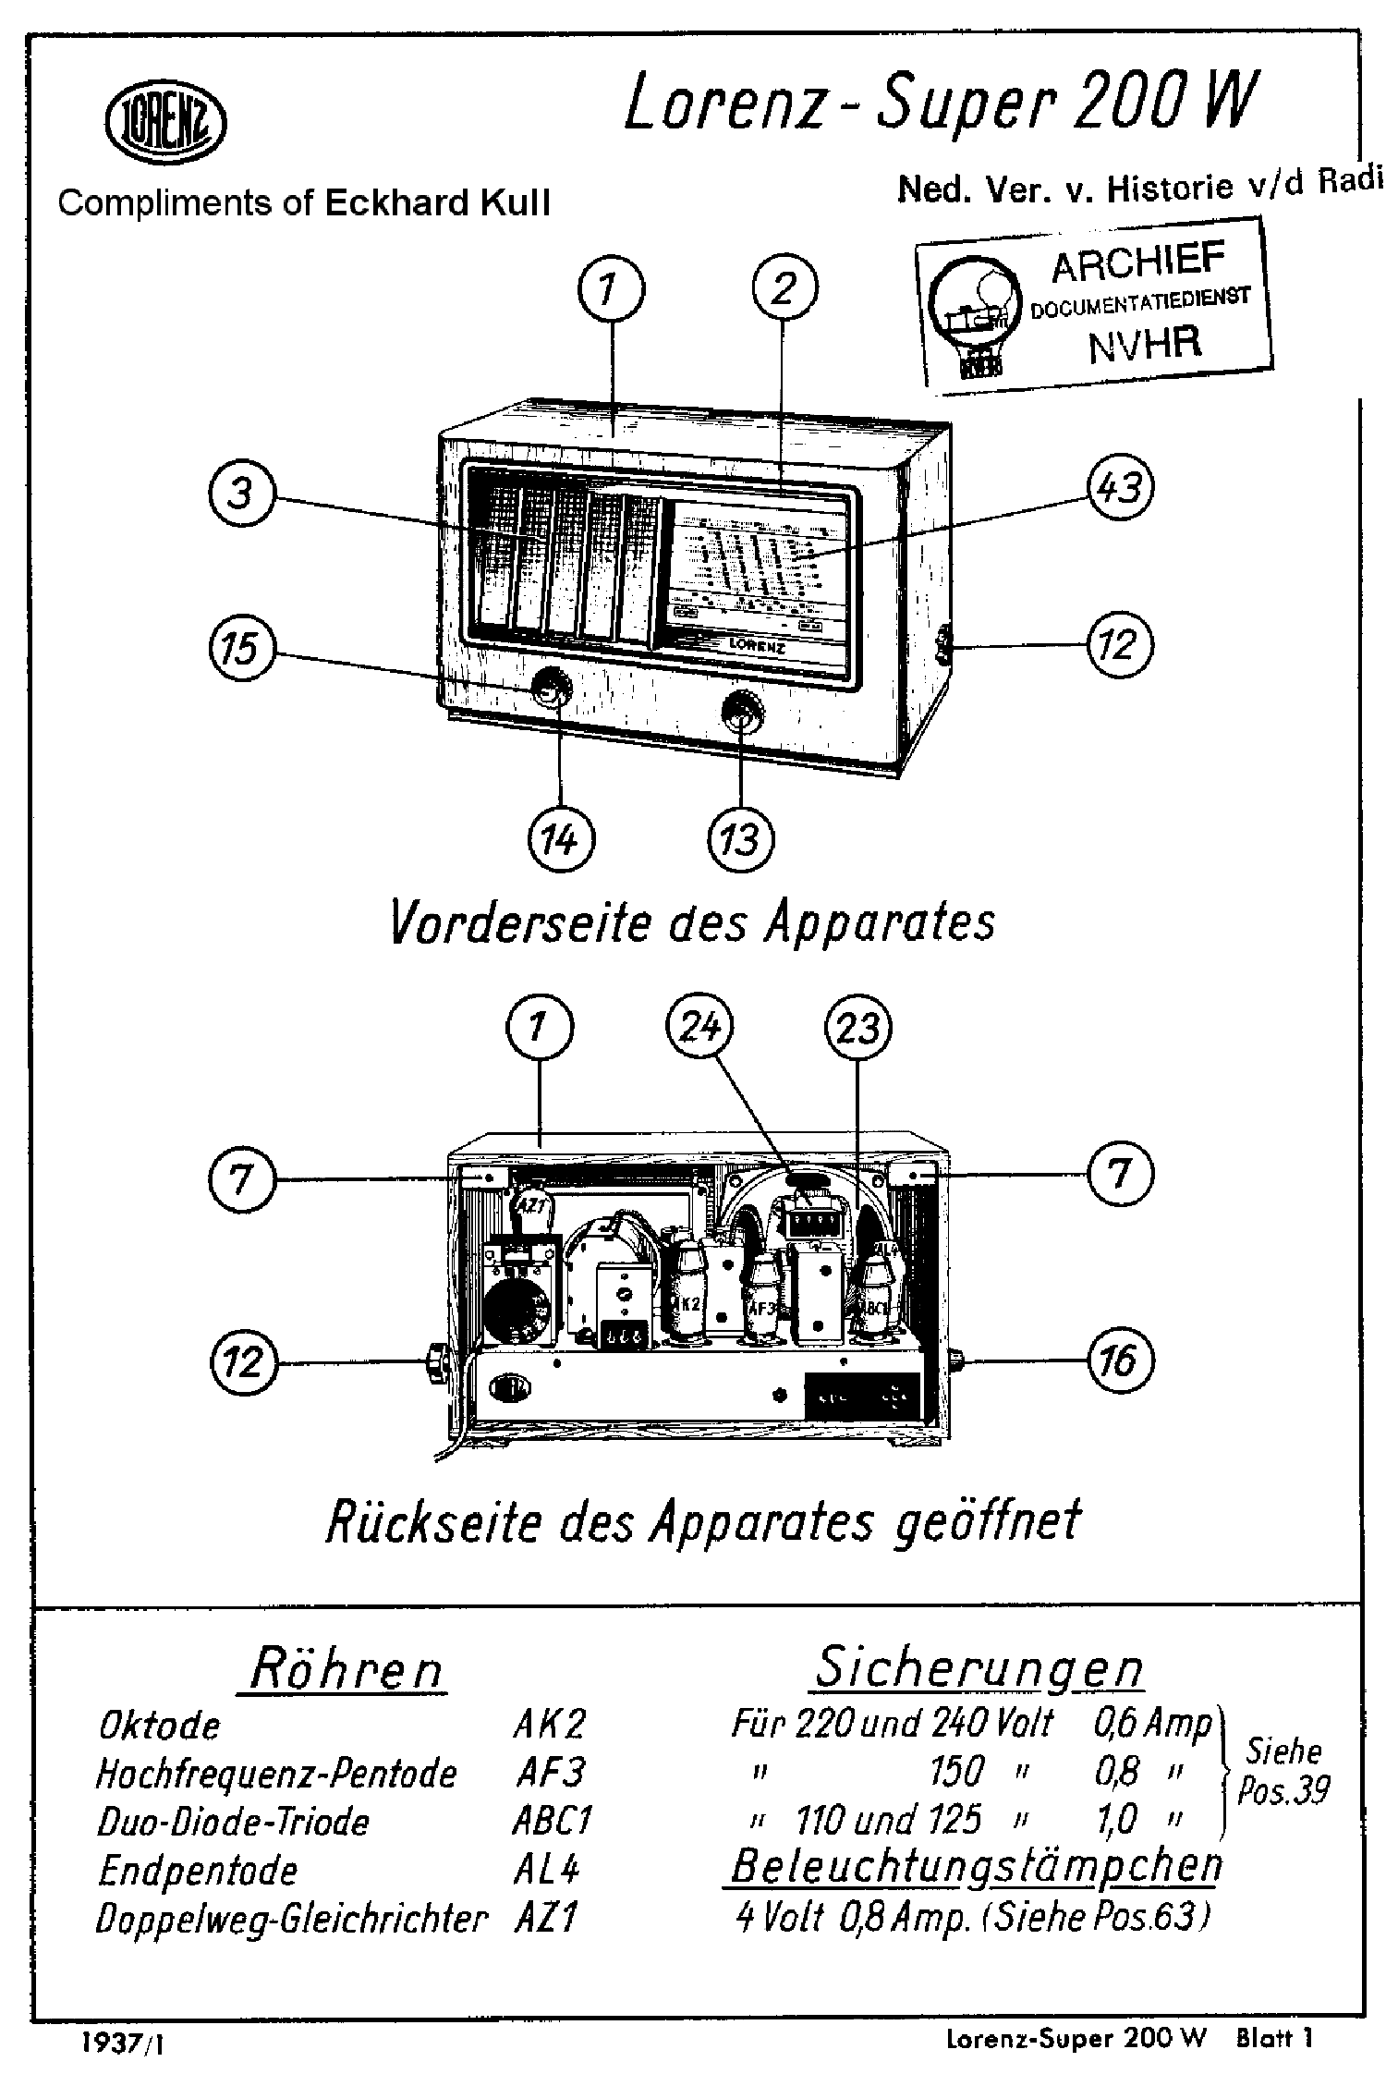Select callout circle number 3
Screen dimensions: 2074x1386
[x=241, y=494]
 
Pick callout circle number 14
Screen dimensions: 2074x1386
[x=561, y=841]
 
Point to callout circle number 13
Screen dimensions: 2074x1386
[x=740, y=841]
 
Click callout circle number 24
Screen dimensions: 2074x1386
[x=699, y=1027]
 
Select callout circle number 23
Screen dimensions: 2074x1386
[x=857, y=1027]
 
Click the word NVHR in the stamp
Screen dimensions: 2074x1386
[x=1145, y=343]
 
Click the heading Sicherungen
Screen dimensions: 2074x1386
[x=979, y=1666]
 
